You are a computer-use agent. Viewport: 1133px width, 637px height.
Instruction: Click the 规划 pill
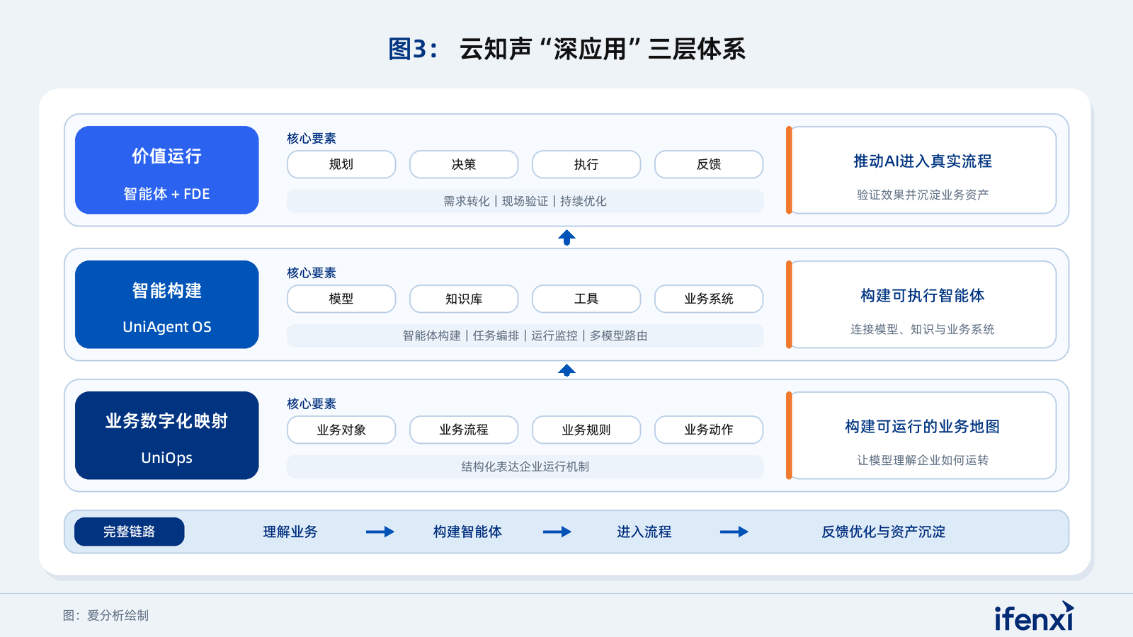341,164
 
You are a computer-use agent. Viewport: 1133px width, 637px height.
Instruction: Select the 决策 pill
463,164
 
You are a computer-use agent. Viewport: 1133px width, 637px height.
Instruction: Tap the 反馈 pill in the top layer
709,164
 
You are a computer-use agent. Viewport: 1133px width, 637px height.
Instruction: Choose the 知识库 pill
463,299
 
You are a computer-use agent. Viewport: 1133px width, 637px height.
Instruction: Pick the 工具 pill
586,299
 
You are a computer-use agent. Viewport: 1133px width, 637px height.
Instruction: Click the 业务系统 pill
709,299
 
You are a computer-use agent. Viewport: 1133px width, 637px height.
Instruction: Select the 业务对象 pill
341,430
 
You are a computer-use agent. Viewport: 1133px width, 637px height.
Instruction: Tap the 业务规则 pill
586,430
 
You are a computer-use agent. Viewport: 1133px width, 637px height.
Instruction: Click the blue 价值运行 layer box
167,170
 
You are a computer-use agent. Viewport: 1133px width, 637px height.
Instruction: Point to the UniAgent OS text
167,327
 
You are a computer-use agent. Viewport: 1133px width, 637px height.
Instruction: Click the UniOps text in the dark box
167,458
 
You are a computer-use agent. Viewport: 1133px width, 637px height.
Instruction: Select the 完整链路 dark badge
129,532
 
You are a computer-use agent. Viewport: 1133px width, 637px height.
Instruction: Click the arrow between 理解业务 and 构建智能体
380,532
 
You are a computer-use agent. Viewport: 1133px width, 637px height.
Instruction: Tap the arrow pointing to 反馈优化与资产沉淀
734,532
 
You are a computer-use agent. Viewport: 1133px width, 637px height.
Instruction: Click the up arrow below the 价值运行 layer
566,238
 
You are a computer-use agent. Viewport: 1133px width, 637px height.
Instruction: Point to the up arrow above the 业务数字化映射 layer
566,370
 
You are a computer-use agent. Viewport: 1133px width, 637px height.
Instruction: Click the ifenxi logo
1034,616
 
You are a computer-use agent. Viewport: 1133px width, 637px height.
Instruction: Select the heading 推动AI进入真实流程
923,161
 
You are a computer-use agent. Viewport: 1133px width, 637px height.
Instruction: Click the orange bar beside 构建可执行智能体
789,304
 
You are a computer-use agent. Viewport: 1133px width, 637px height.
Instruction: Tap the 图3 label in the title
412,50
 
